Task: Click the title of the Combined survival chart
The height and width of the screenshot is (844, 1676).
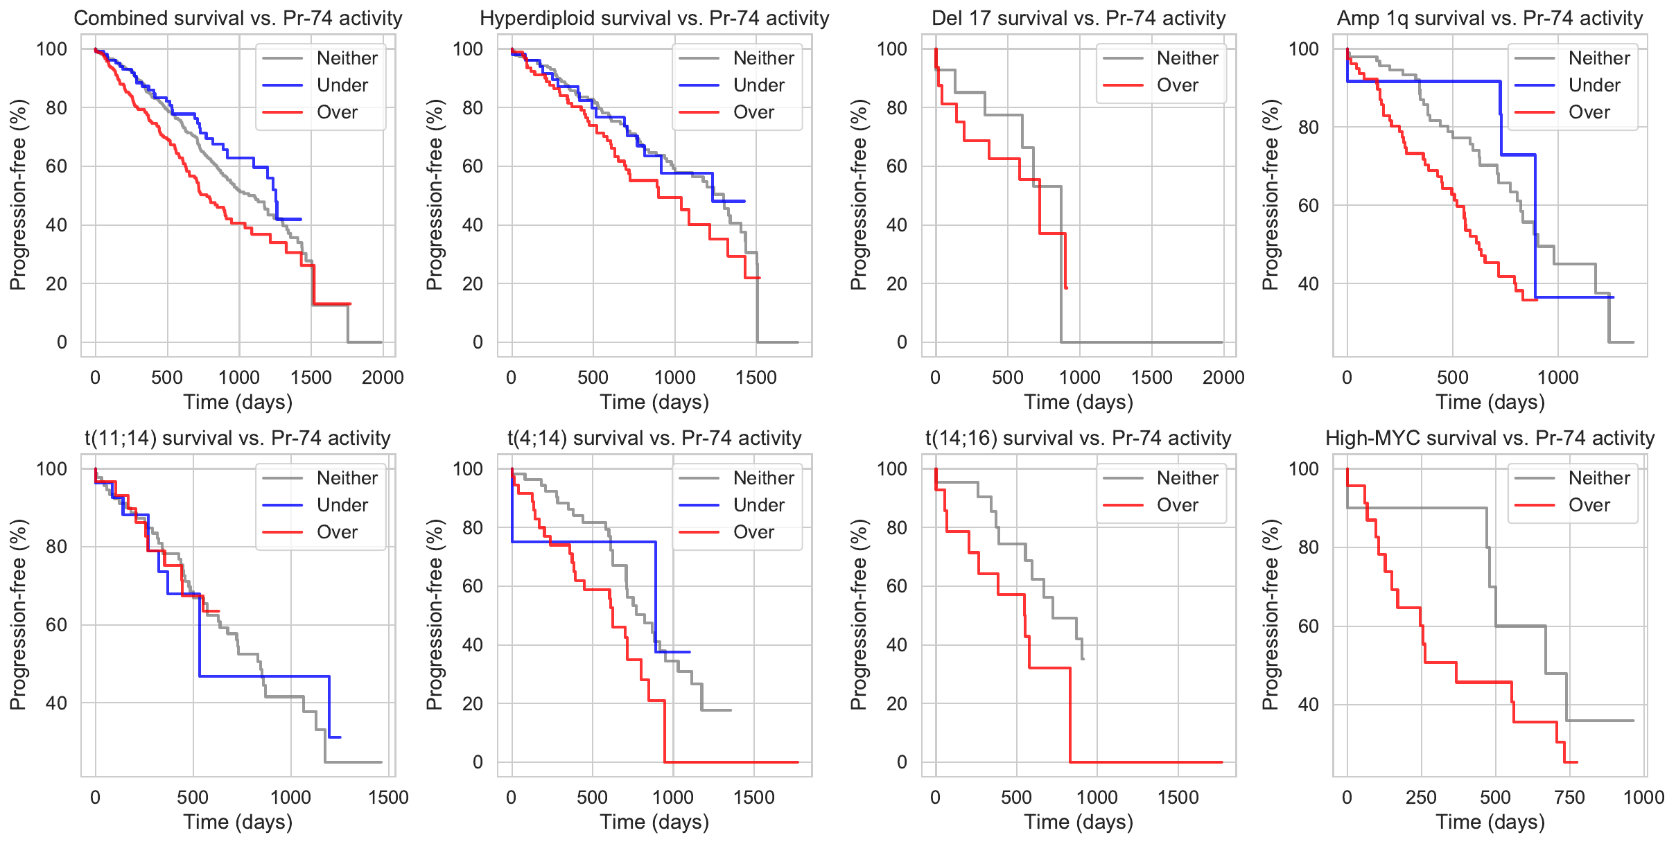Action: coord(238,18)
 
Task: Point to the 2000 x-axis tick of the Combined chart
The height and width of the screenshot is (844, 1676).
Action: coord(383,378)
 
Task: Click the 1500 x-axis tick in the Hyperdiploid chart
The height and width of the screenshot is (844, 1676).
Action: coord(756,378)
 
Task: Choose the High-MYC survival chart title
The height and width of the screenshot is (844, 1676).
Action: coord(1490,438)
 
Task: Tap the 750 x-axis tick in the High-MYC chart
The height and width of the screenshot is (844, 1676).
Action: coord(1569,798)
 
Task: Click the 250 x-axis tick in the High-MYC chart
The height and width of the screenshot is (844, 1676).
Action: coord(1421,798)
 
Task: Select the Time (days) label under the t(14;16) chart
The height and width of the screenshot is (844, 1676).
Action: coord(1079,822)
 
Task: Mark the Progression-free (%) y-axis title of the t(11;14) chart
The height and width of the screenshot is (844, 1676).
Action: coord(18,615)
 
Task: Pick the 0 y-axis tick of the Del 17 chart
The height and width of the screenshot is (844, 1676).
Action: coord(902,342)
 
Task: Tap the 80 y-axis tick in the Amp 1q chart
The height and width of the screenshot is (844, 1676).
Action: coord(1308,127)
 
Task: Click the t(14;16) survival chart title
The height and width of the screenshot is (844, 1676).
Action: coord(1078,438)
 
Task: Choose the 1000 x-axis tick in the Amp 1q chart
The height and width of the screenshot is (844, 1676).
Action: coord(1557,378)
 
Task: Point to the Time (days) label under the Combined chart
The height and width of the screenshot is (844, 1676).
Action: coord(238,402)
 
